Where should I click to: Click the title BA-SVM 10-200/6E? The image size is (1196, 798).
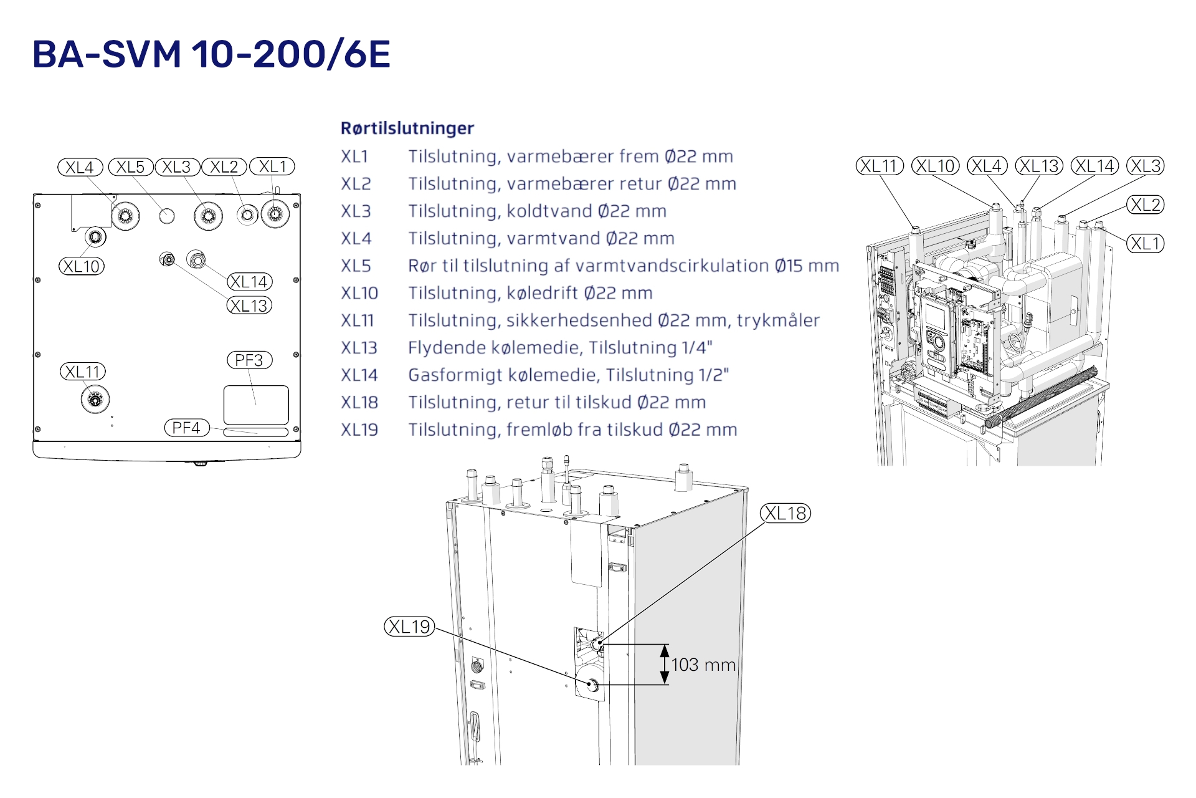click(x=211, y=54)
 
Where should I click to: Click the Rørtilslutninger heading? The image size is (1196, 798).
click(x=407, y=128)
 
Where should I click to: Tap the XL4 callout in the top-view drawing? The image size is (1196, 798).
click(x=80, y=167)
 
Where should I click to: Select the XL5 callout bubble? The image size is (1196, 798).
click(x=131, y=167)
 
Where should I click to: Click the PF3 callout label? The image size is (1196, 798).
click(x=249, y=360)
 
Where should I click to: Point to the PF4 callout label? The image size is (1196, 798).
click(x=186, y=428)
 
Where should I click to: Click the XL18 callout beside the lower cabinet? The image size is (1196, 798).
click(x=785, y=513)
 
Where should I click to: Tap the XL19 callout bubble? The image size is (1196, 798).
click(x=409, y=627)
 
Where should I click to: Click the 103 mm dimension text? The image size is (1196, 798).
click(x=703, y=665)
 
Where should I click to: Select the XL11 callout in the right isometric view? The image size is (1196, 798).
click(x=880, y=166)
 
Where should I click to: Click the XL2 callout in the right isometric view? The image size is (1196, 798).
click(x=1145, y=204)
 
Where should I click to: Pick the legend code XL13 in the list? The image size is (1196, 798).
click(x=359, y=348)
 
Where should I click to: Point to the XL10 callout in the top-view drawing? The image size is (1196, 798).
click(x=82, y=266)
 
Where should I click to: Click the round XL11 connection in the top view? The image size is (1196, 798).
click(x=95, y=399)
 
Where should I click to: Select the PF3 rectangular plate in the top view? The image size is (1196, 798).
click(x=255, y=405)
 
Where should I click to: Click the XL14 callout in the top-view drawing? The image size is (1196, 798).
click(x=249, y=282)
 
